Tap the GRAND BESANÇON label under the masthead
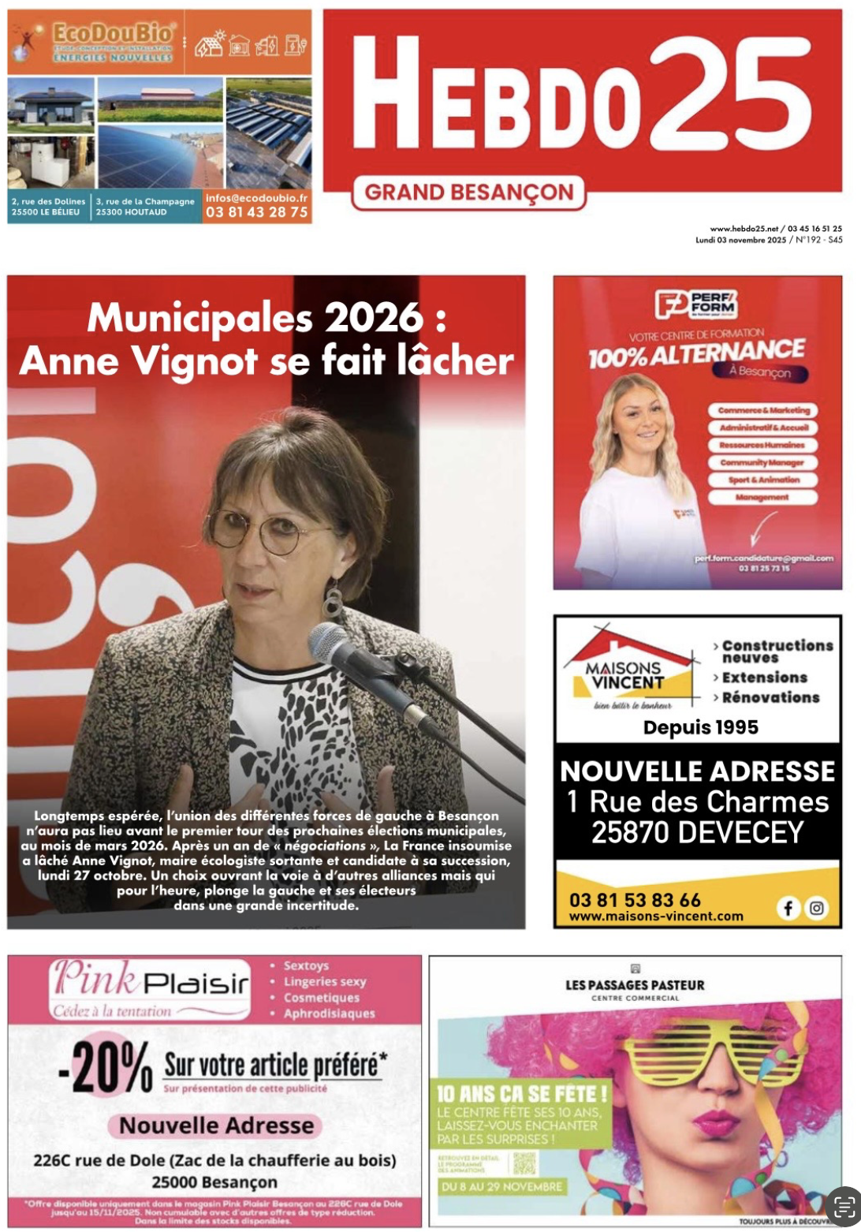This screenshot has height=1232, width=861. pos(468,192)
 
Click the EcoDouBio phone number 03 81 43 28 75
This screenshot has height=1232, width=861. pos(256,212)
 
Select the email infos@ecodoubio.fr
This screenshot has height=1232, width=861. pos(256,198)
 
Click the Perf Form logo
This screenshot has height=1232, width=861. pos(696,303)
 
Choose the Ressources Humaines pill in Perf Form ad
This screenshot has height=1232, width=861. pos(762,445)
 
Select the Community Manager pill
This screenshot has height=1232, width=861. pos(762,462)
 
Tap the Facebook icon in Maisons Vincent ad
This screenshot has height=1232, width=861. pos(788,908)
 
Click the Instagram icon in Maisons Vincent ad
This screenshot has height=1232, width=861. pos(817,908)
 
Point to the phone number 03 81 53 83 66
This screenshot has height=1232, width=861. pos(635,900)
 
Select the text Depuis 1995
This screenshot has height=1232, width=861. pos(700,727)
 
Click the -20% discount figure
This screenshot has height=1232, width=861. pos(106,1067)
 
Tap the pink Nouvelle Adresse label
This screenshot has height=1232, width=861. pos(216,1126)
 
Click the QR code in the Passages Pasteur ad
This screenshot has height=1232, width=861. pos(524,1163)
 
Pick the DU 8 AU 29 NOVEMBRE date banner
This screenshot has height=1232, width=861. pos(501,1186)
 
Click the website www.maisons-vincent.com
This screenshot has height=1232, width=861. pos(656,917)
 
